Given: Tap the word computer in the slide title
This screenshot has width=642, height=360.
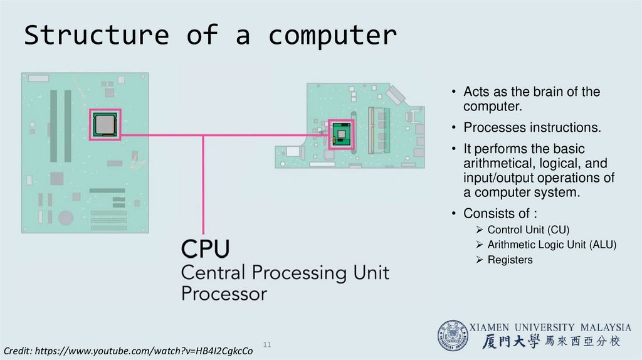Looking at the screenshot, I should pos(332,36).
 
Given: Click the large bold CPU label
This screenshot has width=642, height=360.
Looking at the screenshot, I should pos(206,249).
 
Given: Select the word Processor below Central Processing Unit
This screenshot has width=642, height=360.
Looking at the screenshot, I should pos(224,294).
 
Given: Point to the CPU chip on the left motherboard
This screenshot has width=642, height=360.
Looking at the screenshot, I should pos(104,124).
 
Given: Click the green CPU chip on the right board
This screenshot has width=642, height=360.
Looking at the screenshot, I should pos(340,134).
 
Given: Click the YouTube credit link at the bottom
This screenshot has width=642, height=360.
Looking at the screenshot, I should pos(129,351).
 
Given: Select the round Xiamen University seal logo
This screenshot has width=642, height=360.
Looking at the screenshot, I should pos(452,336).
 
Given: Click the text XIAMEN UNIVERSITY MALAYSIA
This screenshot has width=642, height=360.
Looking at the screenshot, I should pos(550,327).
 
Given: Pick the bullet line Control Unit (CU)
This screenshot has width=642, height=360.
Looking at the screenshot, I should pos(528,230).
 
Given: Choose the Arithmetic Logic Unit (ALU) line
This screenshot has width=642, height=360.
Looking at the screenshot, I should pos(552,245).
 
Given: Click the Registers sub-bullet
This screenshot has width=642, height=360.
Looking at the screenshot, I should pos(510,260).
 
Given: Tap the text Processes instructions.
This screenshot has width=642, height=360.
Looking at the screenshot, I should pos(532,128).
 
